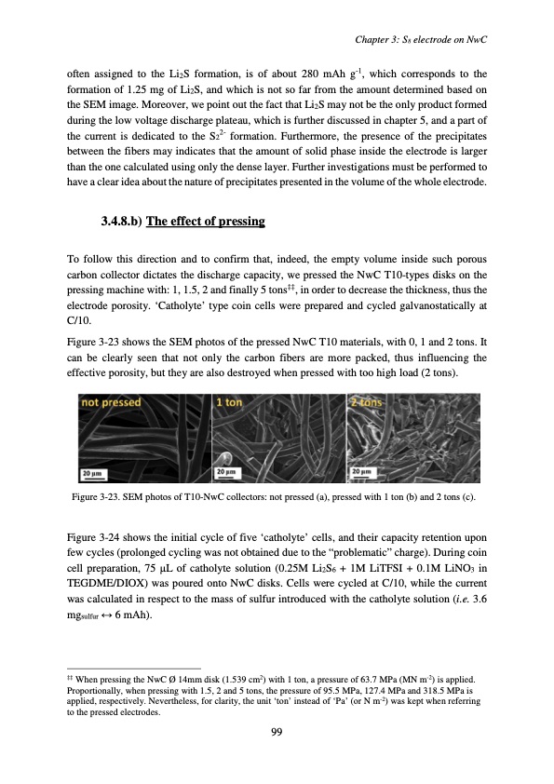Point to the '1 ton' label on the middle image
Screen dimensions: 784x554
[231, 403]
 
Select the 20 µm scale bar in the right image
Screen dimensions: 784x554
[364, 474]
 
